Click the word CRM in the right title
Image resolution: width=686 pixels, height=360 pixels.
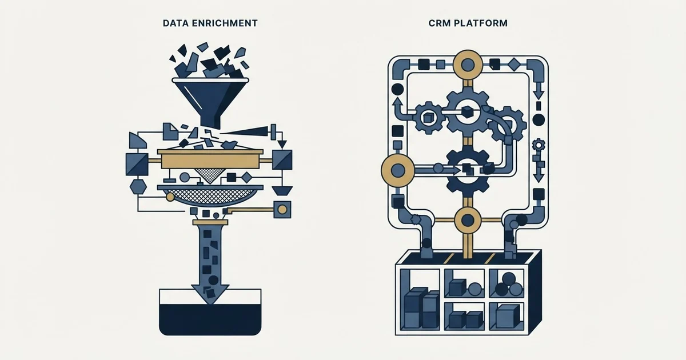click(440, 23)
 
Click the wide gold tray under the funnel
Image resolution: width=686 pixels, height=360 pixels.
click(210, 160)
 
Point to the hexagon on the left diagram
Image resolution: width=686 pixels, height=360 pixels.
click(138, 187)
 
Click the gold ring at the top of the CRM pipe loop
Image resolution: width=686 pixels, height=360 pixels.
click(468, 65)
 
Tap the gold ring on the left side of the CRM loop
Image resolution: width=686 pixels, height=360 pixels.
click(397, 170)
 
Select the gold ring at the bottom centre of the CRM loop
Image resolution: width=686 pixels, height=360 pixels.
click(468, 220)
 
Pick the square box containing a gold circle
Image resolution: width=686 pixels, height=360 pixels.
click(282, 210)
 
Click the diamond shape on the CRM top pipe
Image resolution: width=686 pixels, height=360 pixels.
click(514, 65)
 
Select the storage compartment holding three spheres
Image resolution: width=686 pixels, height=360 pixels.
click(506, 283)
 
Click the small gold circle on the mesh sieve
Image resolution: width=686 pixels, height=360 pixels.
click(170, 197)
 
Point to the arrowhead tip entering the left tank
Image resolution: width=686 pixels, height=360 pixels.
click(210, 304)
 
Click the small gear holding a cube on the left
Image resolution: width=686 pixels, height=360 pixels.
click(428, 117)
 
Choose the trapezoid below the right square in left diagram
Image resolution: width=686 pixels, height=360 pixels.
click(282, 191)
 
